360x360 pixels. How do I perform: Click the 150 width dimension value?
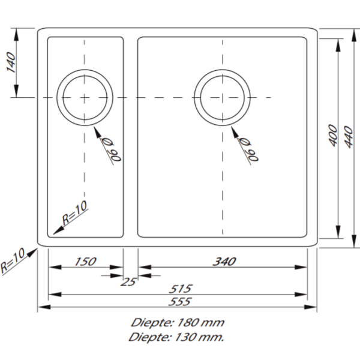click(x=85, y=261)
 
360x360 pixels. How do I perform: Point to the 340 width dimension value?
click(x=223, y=261)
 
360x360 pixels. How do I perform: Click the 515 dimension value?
click(x=178, y=288)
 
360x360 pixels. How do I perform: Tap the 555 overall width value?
click(x=178, y=301)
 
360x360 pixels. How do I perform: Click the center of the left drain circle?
click(x=84, y=97)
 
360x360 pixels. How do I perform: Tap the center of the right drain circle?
click(x=222, y=97)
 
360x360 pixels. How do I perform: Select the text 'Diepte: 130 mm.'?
click(x=176, y=337)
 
